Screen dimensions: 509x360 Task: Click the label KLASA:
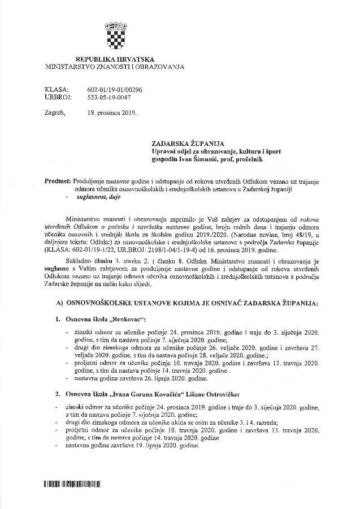tap(57, 90)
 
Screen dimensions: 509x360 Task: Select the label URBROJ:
tap(58, 97)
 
